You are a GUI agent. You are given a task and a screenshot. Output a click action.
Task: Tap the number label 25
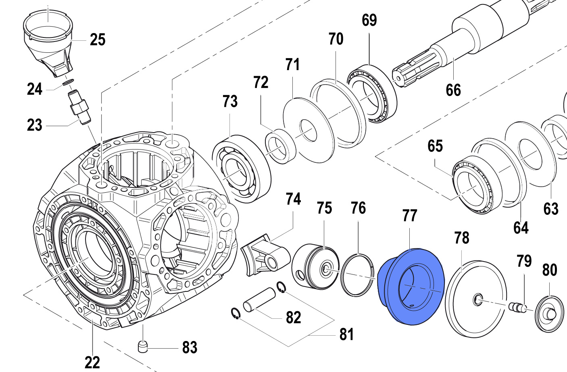click(98, 40)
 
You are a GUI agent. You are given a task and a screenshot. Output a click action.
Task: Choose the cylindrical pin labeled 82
click(258, 299)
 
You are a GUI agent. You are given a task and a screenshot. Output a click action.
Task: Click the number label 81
click(346, 334)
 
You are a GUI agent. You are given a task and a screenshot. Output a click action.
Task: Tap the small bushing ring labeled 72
click(280, 145)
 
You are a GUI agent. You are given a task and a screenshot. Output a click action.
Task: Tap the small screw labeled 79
click(517, 308)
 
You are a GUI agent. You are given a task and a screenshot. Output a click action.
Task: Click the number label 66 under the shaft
click(453, 90)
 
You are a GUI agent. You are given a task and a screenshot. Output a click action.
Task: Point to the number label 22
click(92, 362)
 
